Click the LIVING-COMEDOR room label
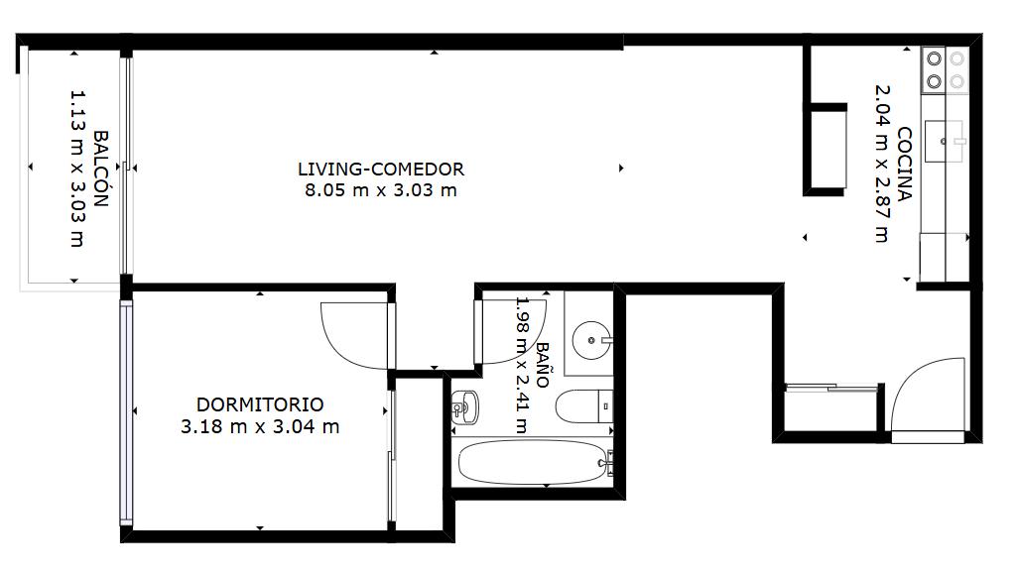pyautogui.click(x=381, y=170)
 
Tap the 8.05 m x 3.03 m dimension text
pyautogui.click(x=381, y=190)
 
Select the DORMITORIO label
pyautogui.click(x=260, y=404)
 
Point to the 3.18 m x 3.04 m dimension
pyautogui.click(x=260, y=427)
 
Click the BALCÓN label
pyautogui.click(x=100, y=169)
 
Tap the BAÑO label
pyautogui.click(x=542, y=365)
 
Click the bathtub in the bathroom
pyautogui.click(x=533, y=463)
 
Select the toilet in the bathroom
pyautogui.click(x=583, y=406)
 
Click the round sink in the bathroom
pyautogui.click(x=592, y=339)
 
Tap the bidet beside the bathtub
pyautogui.click(x=464, y=407)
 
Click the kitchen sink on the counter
pyautogui.click(x=944, y=141)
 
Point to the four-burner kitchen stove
pyautogui.click(x=945, y=70)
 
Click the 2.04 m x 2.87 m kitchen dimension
pyautogui.click(x=883, y=164)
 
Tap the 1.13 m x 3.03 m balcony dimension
pyautogui.click(x=77, y=169)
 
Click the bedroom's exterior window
pyautogui.click(x=126, y=412)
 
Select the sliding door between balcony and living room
pyautogui.click(x=127, y=167)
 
